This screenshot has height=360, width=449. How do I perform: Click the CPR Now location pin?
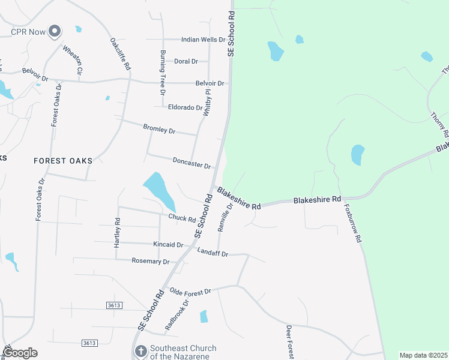pyautogui.click(x=55, y=31)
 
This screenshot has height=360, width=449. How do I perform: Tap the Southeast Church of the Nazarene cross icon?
pyautogui.click(x=140, y=352)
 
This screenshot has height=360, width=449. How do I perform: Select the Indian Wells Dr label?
pyautogui.click(x=203, y=40)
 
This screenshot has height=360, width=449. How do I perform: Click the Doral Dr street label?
pyautogui.click(x=186, y=61)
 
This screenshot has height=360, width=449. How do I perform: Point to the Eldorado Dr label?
pyautogui.click(x=186, y=107)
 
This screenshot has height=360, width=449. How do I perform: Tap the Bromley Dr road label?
pyautogui.click(x=159, y=129)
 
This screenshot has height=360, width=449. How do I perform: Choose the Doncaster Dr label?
pyautogui.click(x=191, y=163)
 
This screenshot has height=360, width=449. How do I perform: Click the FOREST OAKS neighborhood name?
pyautogui.click(x=63, y=161)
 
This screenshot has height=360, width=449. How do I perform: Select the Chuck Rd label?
pyautogui.click(x=182, y=218)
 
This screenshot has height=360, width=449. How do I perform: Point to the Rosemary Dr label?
pyautogui.click(x=151, y=261)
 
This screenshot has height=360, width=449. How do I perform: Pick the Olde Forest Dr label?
pyautogui.click(x=190, y=292)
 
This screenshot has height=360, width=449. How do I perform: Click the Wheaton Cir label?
pyautogui.click(x=73, y=59)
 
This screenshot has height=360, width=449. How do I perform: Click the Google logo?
pyautogui.click(x=20, y=353)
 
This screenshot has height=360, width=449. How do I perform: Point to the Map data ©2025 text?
pyautogui.click(x=423, y=355)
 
